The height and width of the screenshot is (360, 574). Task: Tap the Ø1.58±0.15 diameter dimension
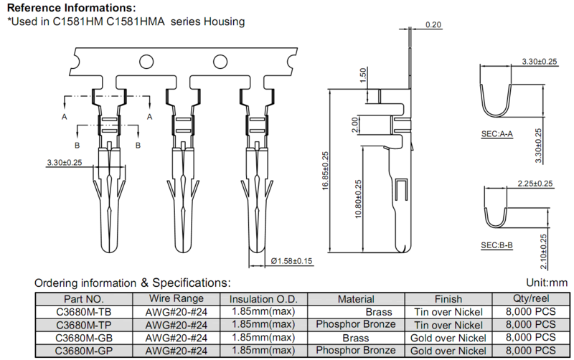pyautogui.click(x=291, y=261)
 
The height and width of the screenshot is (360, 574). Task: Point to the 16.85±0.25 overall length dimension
pyautogui.click(x=326, y=171)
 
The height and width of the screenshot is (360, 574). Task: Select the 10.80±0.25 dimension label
pyautogui.click(x=358, y=199)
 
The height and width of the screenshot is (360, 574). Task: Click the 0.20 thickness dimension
pyautogui.click(x=433, y=24)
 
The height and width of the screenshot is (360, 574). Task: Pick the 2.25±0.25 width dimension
pyautogui.click(x=535, y=184)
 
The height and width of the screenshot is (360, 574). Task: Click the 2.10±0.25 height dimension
pyautogui.click(x=543, y=252)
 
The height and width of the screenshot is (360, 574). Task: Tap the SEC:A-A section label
pyautogui.click(x=497, y=134)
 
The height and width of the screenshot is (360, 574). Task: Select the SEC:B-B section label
pyautogui.click(x=497, y=245)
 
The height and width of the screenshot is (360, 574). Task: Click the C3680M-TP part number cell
pyautogui.click(x=84, y=325)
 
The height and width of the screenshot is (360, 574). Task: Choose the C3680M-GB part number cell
pyautogui.click(x=84, y=338)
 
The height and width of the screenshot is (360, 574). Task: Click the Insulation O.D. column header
pyautogui.click(x=263, y=299)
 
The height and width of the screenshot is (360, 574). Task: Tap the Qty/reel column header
pyautogui.click(x=531, y=299)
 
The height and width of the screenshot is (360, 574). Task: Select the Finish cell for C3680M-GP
pyautogui.click(x=448, y=351)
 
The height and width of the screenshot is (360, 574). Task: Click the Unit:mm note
pyautogui.click(x=547, y=283)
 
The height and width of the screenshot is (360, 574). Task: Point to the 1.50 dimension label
pyautogui.click(x=363, y=75)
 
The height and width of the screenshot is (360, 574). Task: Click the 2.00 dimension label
pyautogui.click(x=354, y=125)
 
